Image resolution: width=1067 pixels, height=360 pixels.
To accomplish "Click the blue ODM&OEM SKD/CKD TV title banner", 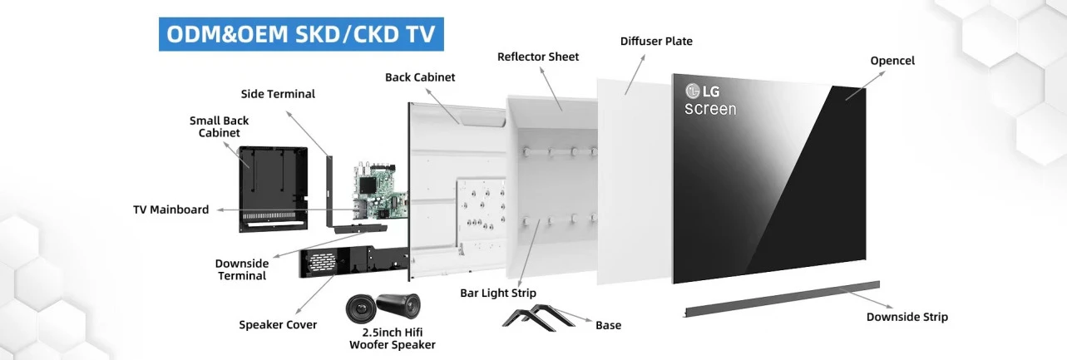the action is [x=301, y=34].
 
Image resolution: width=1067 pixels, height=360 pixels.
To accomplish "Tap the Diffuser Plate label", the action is [x=656, y=42].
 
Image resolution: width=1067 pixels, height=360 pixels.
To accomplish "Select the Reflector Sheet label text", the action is [x=538, y=57].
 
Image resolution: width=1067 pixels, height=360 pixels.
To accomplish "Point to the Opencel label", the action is [x=892, y=61].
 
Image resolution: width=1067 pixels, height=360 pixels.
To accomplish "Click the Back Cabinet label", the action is [x=420, y=77].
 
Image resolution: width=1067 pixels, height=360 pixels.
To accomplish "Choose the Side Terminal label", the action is [x=278, y=94].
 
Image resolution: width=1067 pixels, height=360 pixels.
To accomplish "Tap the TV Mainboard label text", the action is [x=171, y=210].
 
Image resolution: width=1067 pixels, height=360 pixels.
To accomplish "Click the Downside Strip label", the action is [x=907, y=317].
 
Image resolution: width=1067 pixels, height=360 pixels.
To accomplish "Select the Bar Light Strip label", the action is [x=498, y=293].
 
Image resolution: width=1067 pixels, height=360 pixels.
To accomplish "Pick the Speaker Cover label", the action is [x=278, y=325].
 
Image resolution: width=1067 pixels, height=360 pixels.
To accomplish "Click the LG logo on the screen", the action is [x=703, y=91].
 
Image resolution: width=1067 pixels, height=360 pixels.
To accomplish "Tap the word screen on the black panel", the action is [x=710, y=109].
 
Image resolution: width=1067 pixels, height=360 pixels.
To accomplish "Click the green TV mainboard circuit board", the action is [x=380, y=192].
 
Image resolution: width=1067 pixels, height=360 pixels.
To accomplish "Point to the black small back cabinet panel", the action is [x=273, y=189].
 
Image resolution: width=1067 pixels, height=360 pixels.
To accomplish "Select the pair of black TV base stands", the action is [x=539, y=317].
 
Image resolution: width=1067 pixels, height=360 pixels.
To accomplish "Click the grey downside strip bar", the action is [x=782, y=298].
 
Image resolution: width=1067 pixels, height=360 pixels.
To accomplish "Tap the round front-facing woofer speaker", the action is [x=361, y=308].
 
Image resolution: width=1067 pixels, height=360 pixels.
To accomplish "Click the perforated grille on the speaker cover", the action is [x=322, y=262].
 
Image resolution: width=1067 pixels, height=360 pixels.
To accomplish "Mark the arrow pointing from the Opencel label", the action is [x=865, y=86].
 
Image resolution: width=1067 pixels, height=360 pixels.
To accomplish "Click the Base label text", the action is [x=608, y=325].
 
